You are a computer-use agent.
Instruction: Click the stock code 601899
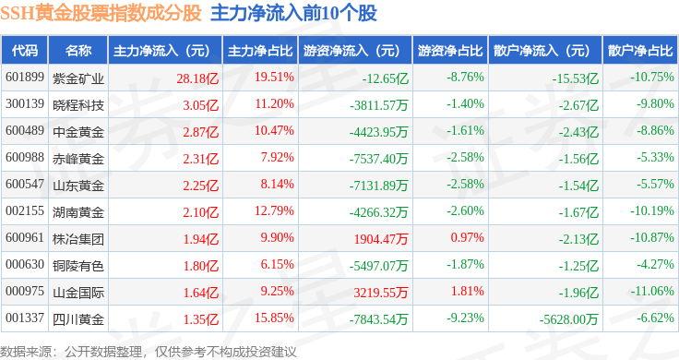(25, 78)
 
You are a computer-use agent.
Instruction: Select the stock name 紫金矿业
(78, 78)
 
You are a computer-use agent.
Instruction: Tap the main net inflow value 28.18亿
(197, 78)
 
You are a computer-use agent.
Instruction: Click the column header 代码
(25, 51)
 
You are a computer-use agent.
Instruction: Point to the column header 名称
(78, 51)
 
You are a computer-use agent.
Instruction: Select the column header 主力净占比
(260, 51)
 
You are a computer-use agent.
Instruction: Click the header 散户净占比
(640, 51)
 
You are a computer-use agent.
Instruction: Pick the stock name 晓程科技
(78, 105)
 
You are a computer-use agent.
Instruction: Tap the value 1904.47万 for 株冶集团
(381, 239)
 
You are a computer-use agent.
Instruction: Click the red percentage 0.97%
(467, 237)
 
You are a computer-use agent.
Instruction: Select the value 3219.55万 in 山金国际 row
(381, 293)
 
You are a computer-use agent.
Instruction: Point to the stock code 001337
(25, 318)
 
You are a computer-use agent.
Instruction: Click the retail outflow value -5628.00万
(568, 319)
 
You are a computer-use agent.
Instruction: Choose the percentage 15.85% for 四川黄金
(274, 318)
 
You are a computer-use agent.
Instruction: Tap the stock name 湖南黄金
(78, 212)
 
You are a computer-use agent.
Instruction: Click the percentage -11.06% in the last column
(652, 291)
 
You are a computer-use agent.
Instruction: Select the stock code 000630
(25, 264)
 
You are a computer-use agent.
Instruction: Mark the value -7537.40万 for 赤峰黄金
(379, 159)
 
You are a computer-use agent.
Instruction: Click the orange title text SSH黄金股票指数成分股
(101, 14)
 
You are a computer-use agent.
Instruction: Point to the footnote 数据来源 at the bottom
(25, 352)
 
